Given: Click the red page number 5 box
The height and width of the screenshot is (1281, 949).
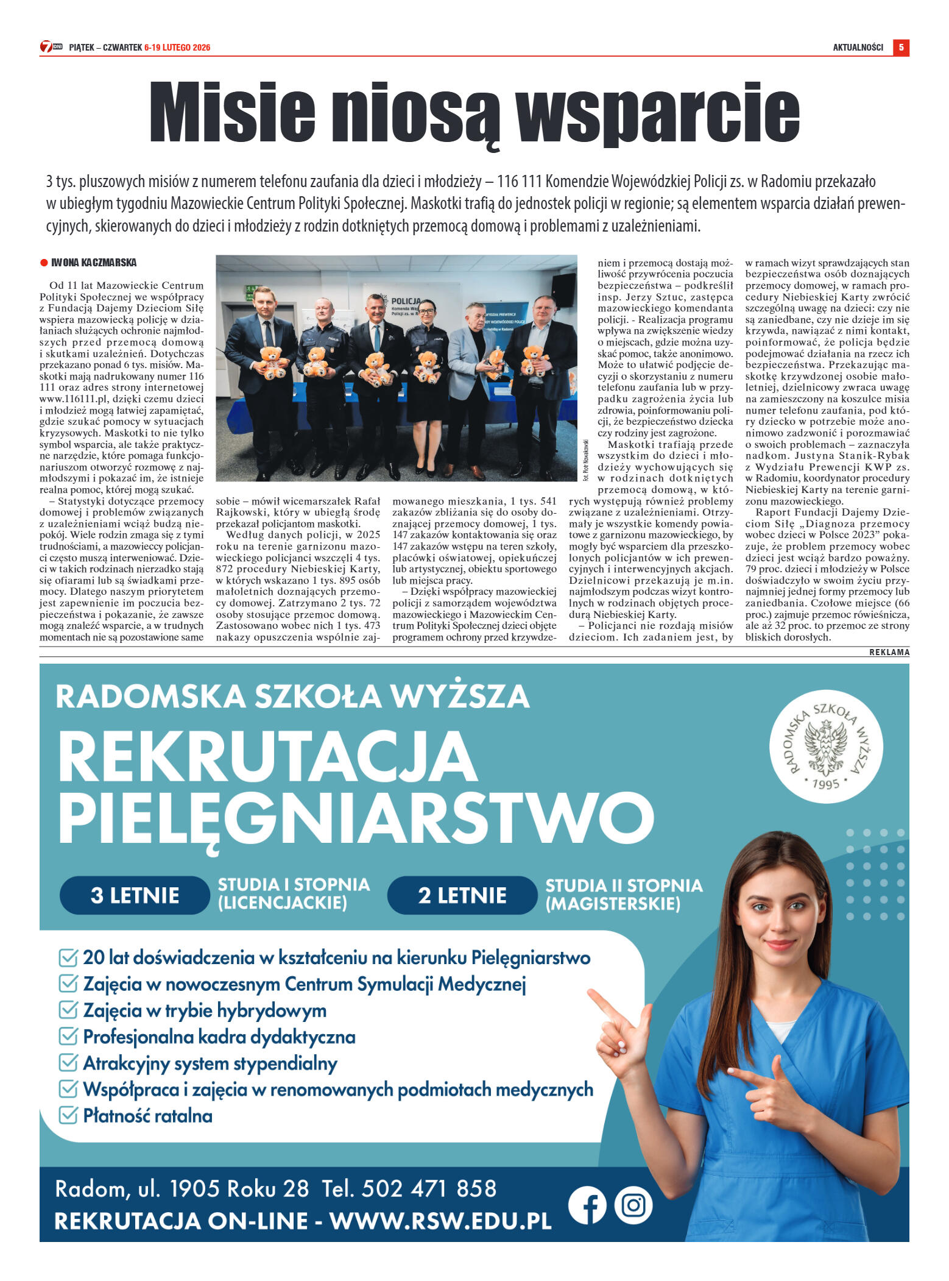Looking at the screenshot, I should pyautogui.click(x=901, y=48).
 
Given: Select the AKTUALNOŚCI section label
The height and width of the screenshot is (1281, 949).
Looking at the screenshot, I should pyautogui.click(x=858, y=48).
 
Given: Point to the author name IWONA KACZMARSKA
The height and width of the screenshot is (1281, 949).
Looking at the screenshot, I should pyautogui.click(x=94, y=263).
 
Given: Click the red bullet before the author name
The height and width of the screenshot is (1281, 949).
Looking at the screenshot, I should pyautogui.click(x=44, y=263).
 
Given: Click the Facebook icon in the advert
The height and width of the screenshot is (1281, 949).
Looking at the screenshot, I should pyautogui.click(x=587, y=1205).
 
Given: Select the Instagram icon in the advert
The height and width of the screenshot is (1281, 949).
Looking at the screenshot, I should pyautogui.click(x=633, y=1205).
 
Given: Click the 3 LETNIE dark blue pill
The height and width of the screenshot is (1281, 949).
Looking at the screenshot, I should pyautogui.click(x=135, y=895).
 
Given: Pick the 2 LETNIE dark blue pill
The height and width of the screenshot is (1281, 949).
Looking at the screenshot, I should pyautogui.click(x=462, y=895).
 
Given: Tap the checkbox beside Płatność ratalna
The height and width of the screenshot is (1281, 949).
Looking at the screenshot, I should pyautogui.click(x=68, y=1115).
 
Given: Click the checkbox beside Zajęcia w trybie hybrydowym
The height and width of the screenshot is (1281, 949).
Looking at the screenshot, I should pyautogui.click(x=68, y=1010).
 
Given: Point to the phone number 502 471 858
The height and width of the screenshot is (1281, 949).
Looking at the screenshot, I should pyautogui.click(x=429, y=1188).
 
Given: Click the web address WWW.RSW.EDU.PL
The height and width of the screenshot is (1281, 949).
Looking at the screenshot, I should pyautogui.click(x=440, y=1221).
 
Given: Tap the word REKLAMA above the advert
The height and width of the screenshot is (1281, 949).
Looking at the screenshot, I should pyautogui.click(x=889, y=652).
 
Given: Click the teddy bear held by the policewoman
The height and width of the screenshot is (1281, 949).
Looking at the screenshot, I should pyautogui.click(x=428, y=366).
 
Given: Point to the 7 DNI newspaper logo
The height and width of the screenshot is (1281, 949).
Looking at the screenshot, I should pyautogui.click(x=51, y=47).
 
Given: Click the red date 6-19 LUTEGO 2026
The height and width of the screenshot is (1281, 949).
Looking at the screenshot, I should pyautogui.click(x=177, y=48).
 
